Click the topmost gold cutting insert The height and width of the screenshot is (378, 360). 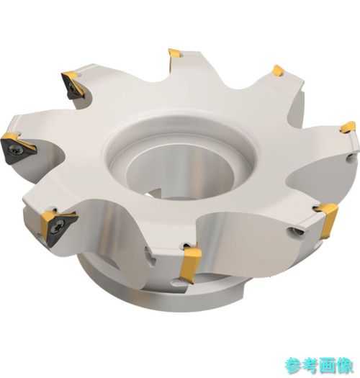(174, 55)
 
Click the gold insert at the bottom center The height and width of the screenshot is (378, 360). (191, 264)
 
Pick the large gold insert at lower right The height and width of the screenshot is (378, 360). (330, 220)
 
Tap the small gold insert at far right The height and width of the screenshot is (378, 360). (348, 127)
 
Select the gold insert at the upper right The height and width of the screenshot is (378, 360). (278, 71)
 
